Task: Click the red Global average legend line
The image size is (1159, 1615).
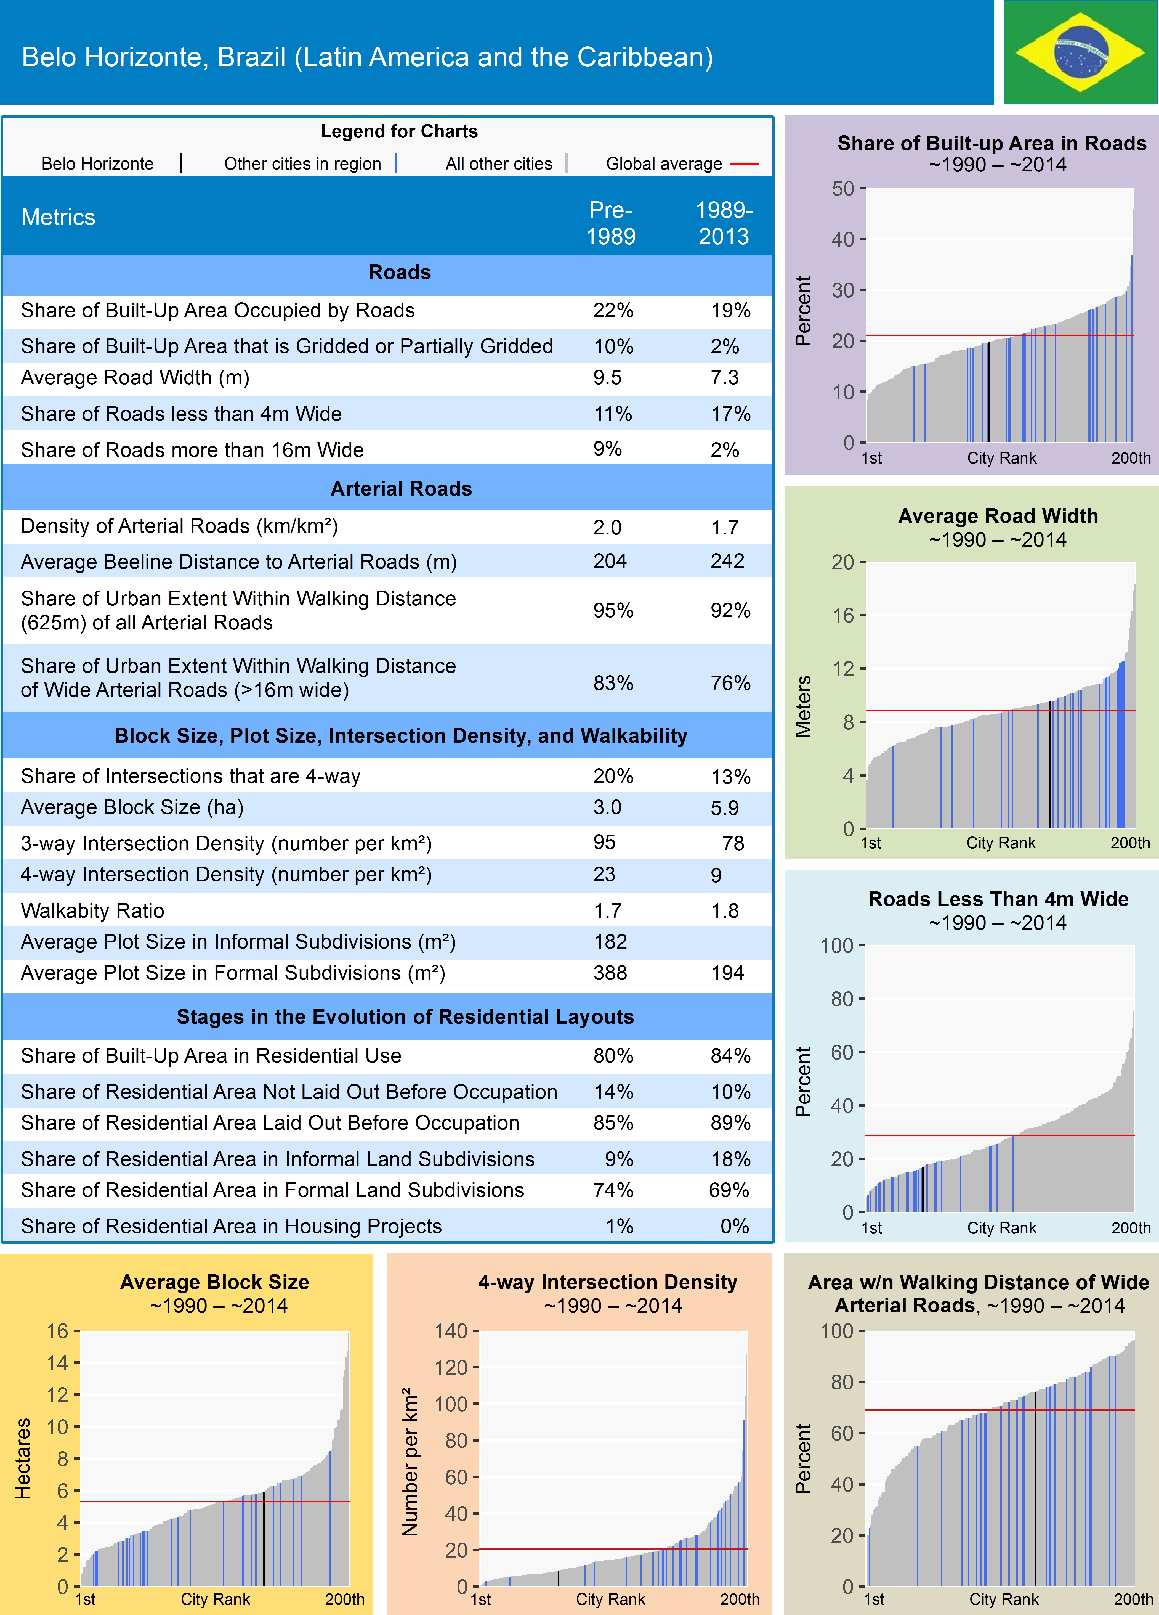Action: (x=744, y=164)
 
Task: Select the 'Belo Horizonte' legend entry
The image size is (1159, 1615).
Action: (x=97, y=164)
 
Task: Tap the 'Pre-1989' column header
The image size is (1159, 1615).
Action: (x=610, y=223)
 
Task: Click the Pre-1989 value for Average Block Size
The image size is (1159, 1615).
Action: (x=607, y=807)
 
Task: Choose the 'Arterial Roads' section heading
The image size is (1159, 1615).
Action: (x=401, y=488)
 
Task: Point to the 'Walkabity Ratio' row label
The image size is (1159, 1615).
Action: (x=92, y=911)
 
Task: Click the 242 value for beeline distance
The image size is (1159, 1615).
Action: (x=727, y=561)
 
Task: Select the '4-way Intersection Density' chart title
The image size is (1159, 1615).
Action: (x=607, y=1282)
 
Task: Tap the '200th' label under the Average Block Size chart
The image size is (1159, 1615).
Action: (x=345, y=1599)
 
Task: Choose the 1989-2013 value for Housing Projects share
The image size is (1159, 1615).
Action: (x=734, y=1226)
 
